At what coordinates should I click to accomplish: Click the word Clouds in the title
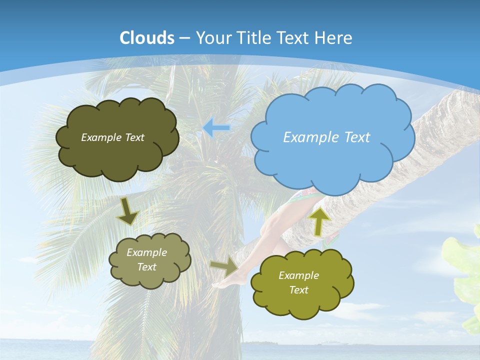point(147,38)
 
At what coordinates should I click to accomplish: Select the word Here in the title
point(334,38)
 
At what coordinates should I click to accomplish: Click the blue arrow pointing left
point(216,128)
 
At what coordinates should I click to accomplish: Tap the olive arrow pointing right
point(224,267)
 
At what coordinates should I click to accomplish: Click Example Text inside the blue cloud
point(326,137)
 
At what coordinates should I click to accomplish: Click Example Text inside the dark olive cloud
point(112,137)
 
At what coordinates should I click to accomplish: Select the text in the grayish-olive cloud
point(146,260)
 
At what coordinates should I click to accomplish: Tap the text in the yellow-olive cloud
point(298,283)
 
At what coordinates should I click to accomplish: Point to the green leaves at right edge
point(465,280)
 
